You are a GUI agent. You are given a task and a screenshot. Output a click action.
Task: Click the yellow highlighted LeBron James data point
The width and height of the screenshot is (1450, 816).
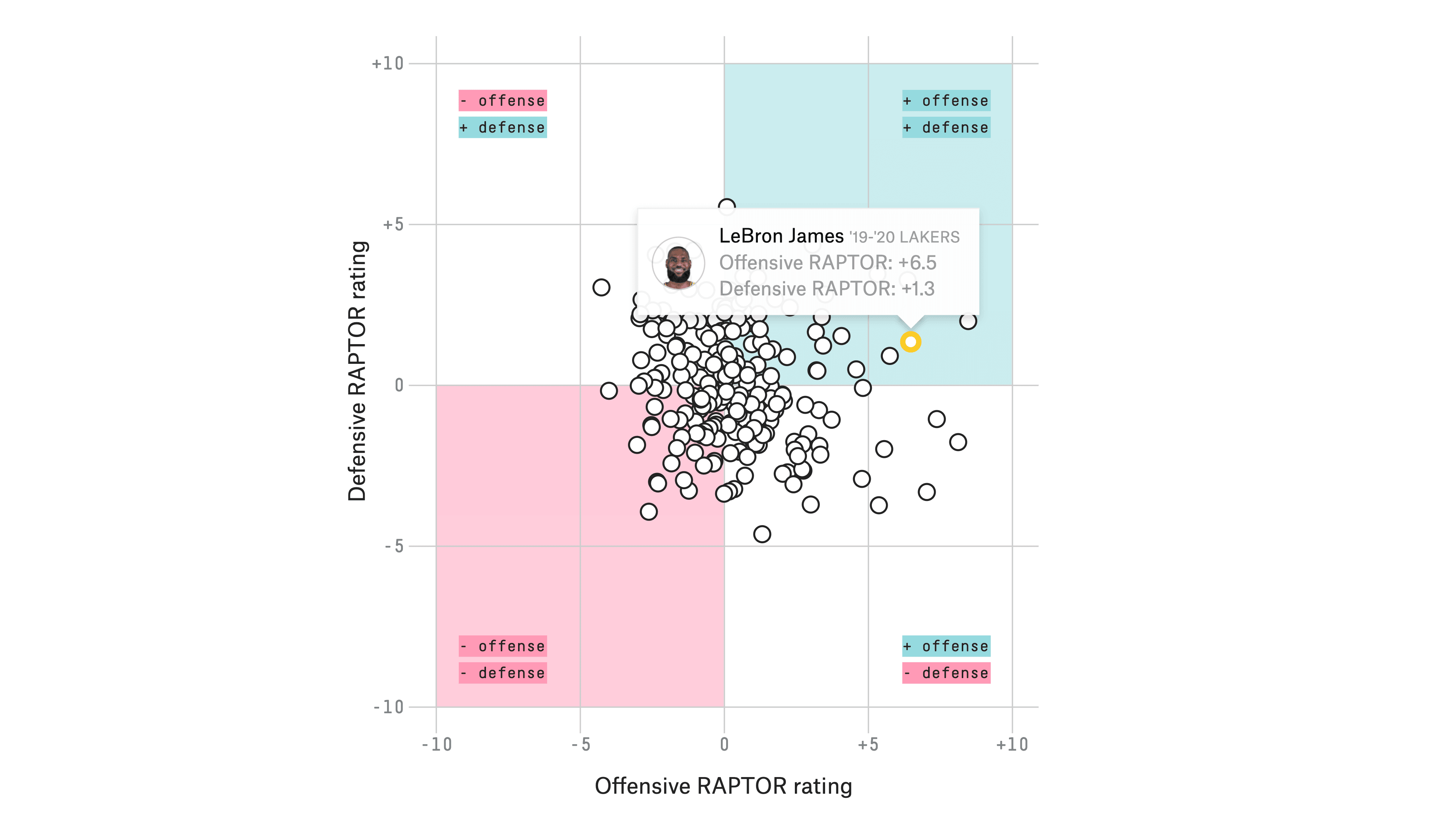910,342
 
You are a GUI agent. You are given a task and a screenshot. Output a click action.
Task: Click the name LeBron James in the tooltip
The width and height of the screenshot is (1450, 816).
781,236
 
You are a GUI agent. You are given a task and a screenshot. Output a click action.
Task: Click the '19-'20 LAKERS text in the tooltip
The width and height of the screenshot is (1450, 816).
904,237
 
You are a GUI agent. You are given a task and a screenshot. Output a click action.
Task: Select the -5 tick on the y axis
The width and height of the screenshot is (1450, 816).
394,546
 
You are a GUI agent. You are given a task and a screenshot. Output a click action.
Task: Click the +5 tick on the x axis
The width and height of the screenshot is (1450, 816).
868,745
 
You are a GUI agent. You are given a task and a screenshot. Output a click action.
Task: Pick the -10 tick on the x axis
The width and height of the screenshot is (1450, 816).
437,745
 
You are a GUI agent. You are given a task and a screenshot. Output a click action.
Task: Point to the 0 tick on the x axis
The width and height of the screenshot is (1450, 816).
725,745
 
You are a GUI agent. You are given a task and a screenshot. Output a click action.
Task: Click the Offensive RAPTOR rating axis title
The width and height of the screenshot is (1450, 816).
723,786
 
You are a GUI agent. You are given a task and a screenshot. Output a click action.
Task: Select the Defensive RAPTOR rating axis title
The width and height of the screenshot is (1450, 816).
358,371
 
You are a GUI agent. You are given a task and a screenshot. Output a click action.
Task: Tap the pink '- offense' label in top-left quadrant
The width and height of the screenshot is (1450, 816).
503,101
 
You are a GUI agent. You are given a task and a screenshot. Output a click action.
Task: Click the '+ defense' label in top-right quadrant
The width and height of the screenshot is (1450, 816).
946,128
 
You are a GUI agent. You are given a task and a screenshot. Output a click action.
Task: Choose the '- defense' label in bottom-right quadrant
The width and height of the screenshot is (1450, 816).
946,673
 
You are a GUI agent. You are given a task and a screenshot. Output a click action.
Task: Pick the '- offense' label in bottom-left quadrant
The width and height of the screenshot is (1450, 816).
503,646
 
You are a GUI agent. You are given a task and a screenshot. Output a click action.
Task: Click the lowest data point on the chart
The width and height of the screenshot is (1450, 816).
762,534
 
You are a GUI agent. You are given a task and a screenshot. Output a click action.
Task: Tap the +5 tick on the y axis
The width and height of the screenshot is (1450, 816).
393,225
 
